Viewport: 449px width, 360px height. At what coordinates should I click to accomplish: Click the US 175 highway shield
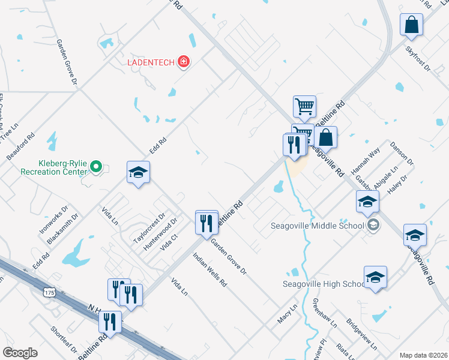click(49, 292)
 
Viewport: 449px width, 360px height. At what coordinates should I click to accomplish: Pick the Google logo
click(20, 353)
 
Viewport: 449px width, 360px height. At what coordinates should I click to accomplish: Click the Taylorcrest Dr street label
click(149, 227)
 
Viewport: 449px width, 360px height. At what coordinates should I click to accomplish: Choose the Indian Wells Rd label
click(209, 268)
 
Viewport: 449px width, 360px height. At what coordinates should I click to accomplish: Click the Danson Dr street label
click(402, 154)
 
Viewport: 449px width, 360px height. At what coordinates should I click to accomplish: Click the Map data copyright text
click(424, 355)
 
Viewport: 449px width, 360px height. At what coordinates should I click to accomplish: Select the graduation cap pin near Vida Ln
click(138, 173)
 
